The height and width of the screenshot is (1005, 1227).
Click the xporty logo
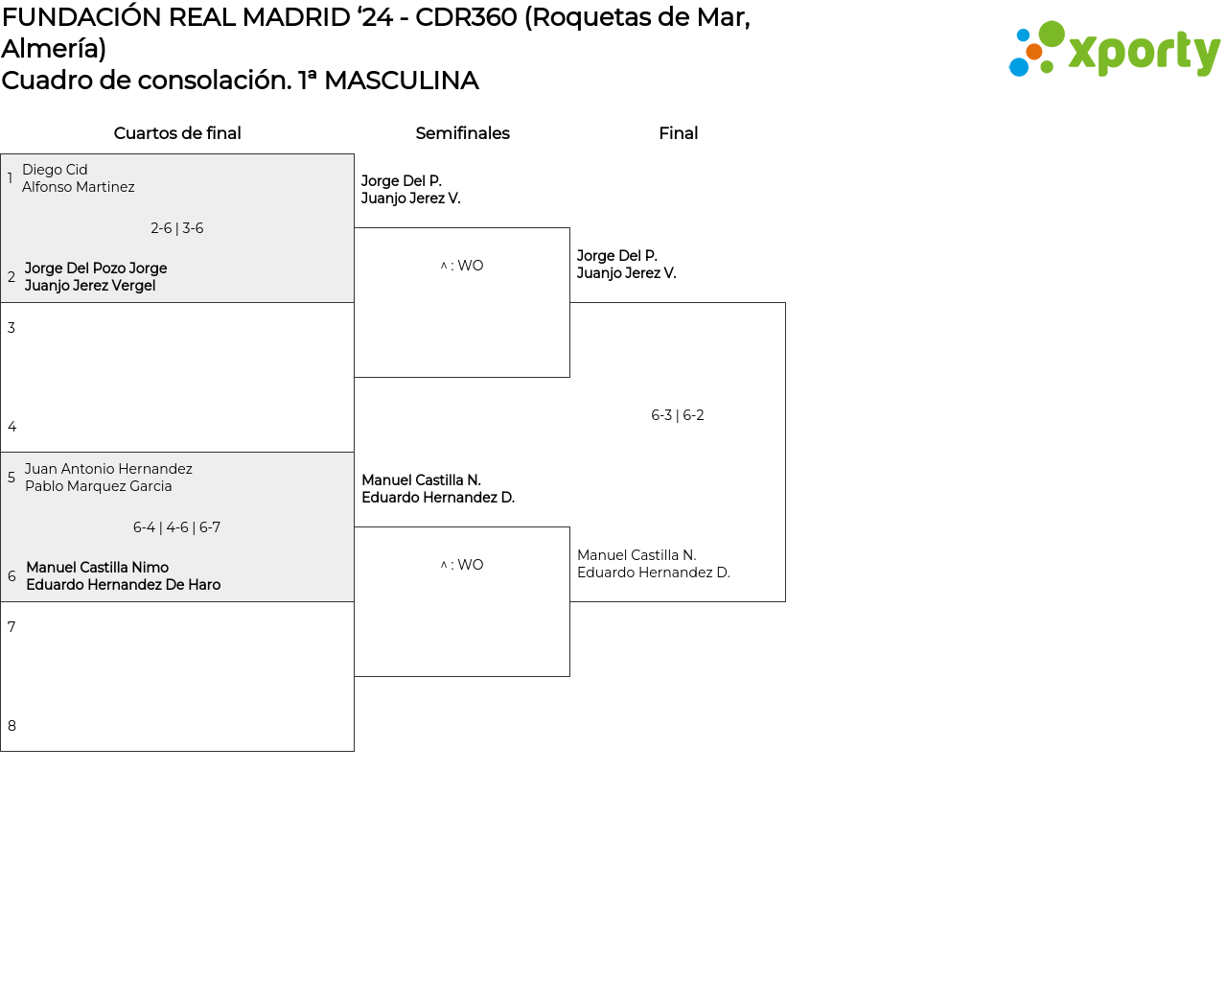point(1115,49)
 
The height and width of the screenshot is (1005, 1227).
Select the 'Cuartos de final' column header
point(177,133)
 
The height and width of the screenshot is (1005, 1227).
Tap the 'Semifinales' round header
point(462,133)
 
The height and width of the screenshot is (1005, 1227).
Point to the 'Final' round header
point(678,133)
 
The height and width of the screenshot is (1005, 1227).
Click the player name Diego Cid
point(55,170)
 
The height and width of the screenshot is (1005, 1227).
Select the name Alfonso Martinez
point(79,187)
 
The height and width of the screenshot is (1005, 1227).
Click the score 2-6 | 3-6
point(177,228)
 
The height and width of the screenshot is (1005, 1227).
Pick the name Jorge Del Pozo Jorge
point(96,269)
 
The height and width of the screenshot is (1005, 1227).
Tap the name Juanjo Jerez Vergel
point(90,286)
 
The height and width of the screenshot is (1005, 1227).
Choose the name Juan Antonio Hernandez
point(108,469)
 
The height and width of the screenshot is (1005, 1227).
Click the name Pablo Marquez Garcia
point(99,486)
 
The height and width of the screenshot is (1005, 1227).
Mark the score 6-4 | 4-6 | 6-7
point(177,527)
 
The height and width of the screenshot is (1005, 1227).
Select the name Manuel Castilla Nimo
point(98,568)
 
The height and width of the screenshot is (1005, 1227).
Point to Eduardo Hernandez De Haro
point(124,585)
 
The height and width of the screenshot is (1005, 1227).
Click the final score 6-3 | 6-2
point(678,415)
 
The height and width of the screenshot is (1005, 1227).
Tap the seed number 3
point(12,328)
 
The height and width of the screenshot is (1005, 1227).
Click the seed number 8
point(12,726)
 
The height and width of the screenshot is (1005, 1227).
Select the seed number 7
point(12,627)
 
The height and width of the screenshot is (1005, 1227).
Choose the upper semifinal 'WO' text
point(470,266)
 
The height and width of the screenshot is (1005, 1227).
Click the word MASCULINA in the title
point(401,81)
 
